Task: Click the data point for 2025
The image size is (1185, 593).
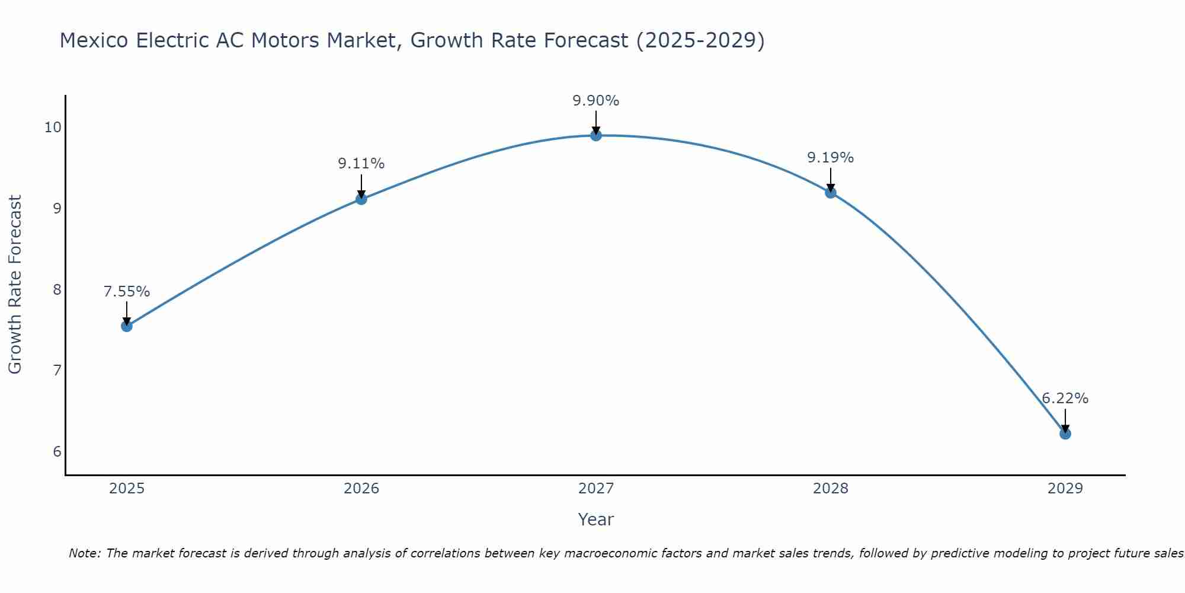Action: click(126, 326)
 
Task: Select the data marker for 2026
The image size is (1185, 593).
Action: click(361, 199)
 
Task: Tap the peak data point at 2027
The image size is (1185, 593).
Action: click(595, 135)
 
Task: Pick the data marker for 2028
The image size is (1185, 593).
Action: click(830, 192)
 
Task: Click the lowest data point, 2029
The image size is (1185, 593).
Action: click(1065, 433)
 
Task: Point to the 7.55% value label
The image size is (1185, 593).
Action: click(126, 292)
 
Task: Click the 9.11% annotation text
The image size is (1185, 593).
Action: click(361, 164)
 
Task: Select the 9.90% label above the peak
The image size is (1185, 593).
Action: click(595, 101)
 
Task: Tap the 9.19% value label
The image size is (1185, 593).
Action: click(830, 158)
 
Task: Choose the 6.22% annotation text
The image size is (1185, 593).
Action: click(1065, 398)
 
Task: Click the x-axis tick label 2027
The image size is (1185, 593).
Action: click(595, 489)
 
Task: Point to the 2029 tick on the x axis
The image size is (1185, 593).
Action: click(1065, 489)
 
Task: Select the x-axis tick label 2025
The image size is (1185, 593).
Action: click(127, 489)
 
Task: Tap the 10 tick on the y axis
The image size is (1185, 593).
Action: click(53, 127)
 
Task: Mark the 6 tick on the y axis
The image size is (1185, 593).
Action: click(57, 452)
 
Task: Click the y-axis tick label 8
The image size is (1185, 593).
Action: click(57, 289)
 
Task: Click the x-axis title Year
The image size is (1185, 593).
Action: click(595, 519)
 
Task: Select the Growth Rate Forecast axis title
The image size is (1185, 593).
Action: click(15, 285)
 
